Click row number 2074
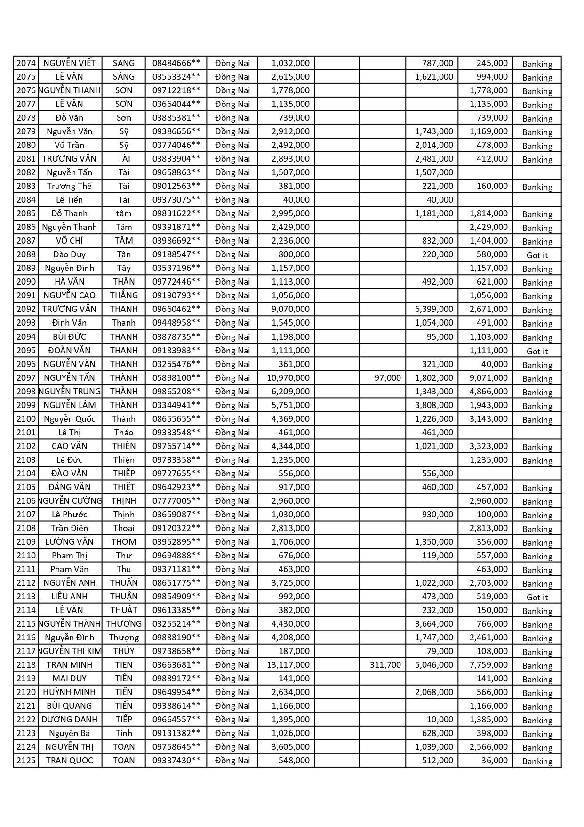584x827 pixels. tap(26, 63)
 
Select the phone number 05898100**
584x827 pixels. tap(176, 378)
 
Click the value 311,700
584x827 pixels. tap(385, 665)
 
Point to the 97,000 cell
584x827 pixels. tap(388, 378)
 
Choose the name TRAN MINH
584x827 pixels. tap(70, 665)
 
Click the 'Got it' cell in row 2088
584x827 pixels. tap(537, 255)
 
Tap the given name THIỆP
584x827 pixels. tap(124, 474)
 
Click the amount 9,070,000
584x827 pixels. tap(290, 309)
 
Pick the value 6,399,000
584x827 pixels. tap(434, 309)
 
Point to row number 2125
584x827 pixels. tap(26, 761)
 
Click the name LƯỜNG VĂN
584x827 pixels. tap(70, 542)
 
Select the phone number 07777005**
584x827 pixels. tap(176, 501)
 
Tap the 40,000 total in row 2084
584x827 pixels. tap(296, 200)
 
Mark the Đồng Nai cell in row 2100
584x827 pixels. tap(232, 419)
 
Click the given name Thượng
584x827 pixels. tap(124, 638)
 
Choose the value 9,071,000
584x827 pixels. tap(488, 378)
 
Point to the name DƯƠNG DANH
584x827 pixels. tap(70, 720)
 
